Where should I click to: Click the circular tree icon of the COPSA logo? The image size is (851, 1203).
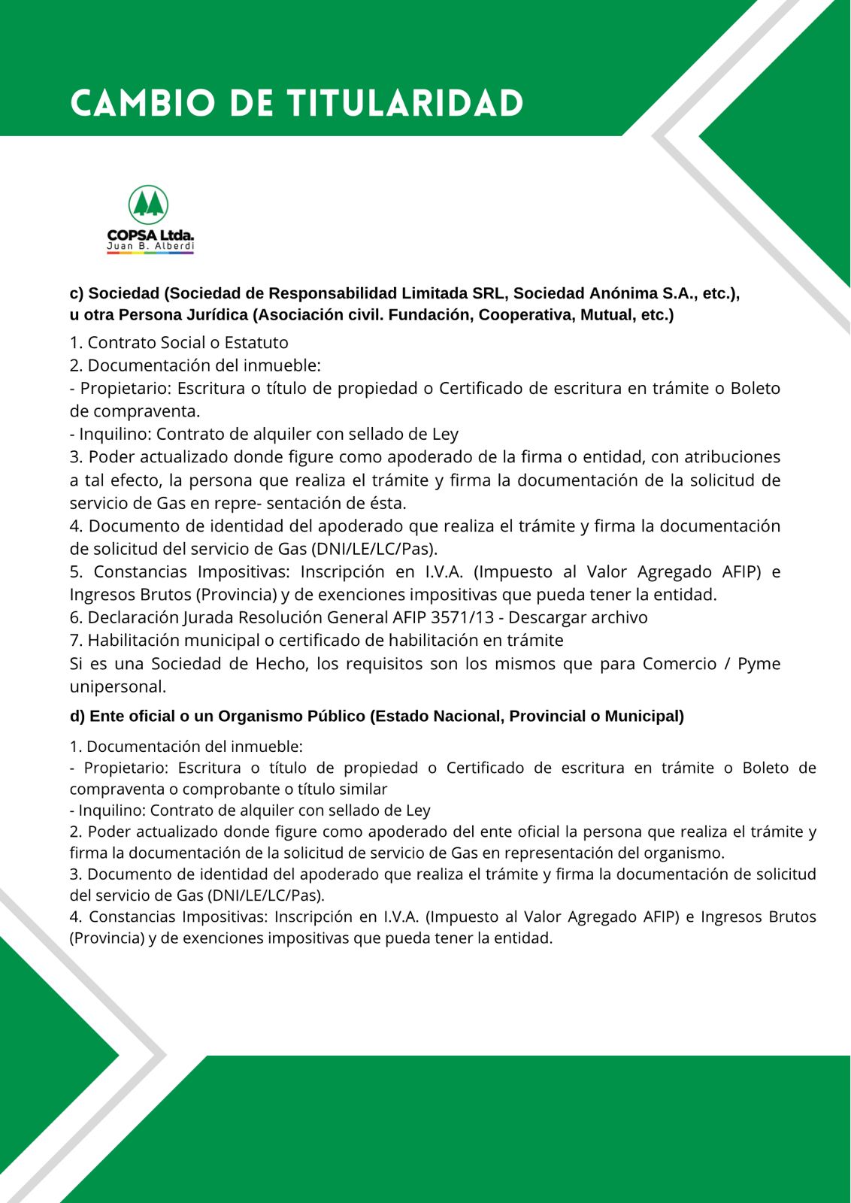[148, 205]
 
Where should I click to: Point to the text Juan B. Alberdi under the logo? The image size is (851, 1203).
[150, 247]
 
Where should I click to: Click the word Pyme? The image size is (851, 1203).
[759, 664]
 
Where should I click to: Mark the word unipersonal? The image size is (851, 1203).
[118, 687]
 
